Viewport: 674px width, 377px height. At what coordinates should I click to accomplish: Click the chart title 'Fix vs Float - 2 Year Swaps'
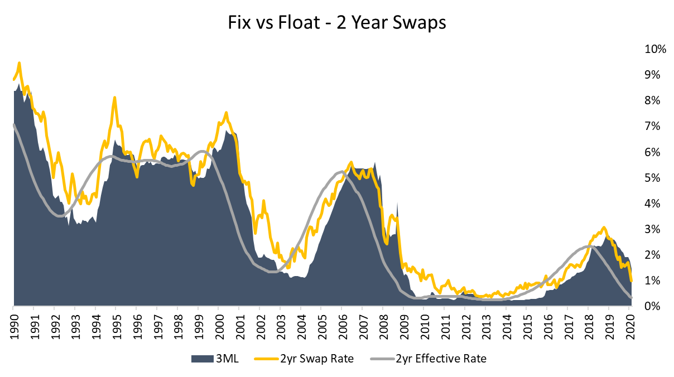[x=336, y=23]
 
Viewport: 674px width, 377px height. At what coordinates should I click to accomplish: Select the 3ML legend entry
[x=215, y=359]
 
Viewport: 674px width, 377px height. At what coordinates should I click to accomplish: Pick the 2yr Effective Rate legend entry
[x=428, y=359]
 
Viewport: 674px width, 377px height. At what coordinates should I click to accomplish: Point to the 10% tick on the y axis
[x=655, y=49]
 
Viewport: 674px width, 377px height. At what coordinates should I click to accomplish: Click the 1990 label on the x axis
[x=13, y=324]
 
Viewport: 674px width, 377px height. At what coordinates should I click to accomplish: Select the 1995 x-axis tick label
[x=116, y=324]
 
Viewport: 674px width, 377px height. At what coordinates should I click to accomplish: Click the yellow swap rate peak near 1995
[x=114, y=98]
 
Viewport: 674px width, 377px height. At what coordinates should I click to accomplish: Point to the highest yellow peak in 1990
[x=20, y=63]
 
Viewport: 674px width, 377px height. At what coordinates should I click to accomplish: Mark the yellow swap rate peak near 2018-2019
[x=603, y=228]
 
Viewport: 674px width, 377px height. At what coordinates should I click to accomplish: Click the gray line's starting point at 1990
[x=13, y=125]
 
